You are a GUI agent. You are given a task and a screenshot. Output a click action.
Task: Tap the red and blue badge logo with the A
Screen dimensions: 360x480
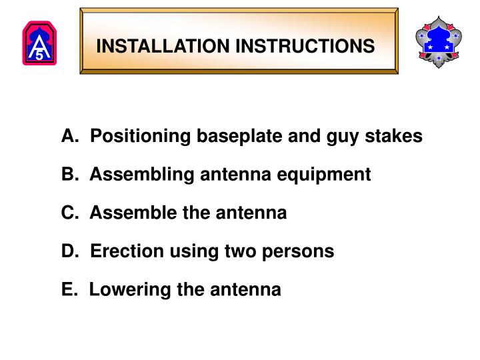point(39,44)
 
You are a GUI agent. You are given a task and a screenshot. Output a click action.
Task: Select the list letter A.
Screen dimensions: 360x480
point(69,136)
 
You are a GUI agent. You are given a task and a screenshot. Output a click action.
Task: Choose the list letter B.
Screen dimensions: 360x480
point(69,175)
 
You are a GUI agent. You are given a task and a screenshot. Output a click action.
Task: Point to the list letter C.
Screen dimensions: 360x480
point(69,213)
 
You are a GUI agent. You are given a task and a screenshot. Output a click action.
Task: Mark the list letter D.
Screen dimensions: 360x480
point(69,251)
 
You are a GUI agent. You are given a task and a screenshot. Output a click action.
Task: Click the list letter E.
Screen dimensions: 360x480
point(68,290)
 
